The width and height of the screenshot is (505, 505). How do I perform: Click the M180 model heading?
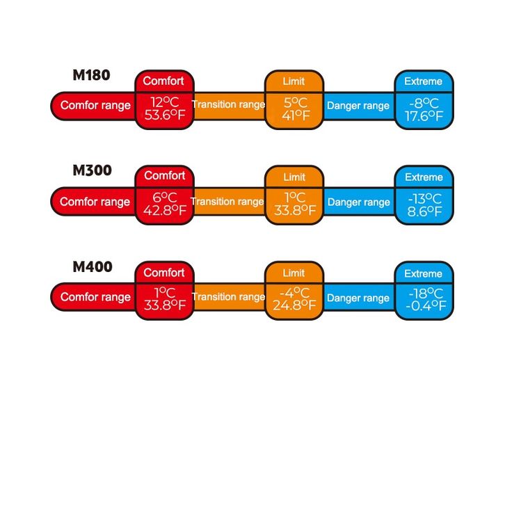tap(91, 75)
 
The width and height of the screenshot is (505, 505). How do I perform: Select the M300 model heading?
tap(91, 170)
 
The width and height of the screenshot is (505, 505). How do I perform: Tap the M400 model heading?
tap(91, 266)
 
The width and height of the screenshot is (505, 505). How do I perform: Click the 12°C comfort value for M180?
tap(164, 102)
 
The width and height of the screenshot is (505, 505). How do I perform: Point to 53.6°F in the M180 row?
tap(164, 115)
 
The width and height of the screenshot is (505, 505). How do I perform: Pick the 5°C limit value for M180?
tap(294, 102)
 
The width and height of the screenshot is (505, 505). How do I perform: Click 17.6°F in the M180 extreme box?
tap(424, 116)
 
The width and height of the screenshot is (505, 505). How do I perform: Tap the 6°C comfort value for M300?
tap(164, 198)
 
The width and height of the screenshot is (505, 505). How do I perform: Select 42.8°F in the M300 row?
tap(164, 211)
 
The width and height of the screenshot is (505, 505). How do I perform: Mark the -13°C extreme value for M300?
tap(424, 198)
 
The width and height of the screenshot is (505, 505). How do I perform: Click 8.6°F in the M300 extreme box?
tap(424, 211)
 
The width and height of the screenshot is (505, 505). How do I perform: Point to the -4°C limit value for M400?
tap(294, 293)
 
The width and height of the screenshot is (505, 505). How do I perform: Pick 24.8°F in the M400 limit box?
tap(294, 306)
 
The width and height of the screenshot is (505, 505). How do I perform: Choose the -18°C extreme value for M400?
tap(424, 294)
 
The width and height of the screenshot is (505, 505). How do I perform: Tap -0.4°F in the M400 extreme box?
tap(424, 307)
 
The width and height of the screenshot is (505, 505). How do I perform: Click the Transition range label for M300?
tap(227, 202)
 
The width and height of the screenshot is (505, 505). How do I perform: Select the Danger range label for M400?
tap(358, 298)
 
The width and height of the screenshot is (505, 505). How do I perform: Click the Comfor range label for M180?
tap(95, 106)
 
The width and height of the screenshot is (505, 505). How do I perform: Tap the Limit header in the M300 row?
tap(294, 177)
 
